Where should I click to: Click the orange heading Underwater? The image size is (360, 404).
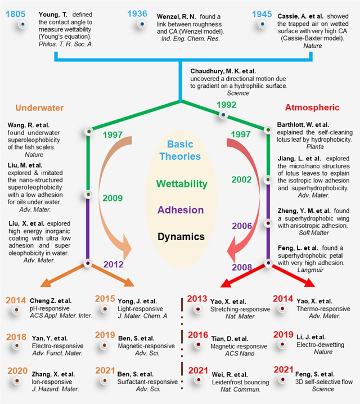click(39, 107)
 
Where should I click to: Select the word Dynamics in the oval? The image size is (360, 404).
click(181, 236)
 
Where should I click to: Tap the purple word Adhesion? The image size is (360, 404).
click(181, 210)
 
